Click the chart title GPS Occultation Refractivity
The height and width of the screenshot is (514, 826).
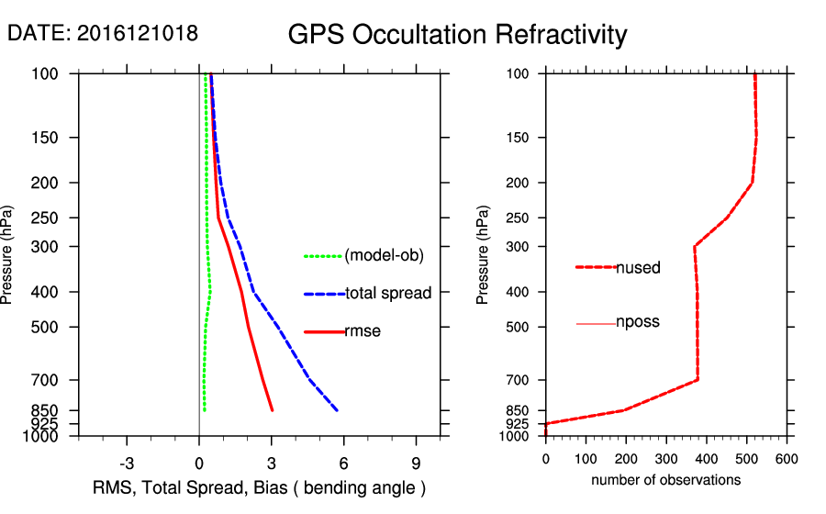(457, 35)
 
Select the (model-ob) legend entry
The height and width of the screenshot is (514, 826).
(384, 256)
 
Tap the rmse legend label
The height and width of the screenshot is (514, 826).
(363, 331)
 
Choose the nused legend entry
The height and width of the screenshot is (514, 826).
(638, 268)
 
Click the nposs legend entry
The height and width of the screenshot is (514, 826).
(638, 323)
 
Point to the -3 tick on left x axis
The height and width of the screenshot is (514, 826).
(127, 462)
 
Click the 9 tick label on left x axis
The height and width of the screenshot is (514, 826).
(416, 462)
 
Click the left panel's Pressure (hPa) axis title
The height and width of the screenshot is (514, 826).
(8, 255)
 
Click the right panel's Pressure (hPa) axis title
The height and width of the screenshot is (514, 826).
(484, 255)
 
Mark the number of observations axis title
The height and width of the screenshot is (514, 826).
(665, 480)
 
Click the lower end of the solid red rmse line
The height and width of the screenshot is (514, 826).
(272, 409)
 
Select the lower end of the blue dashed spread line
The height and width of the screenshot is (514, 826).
(338, 409)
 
